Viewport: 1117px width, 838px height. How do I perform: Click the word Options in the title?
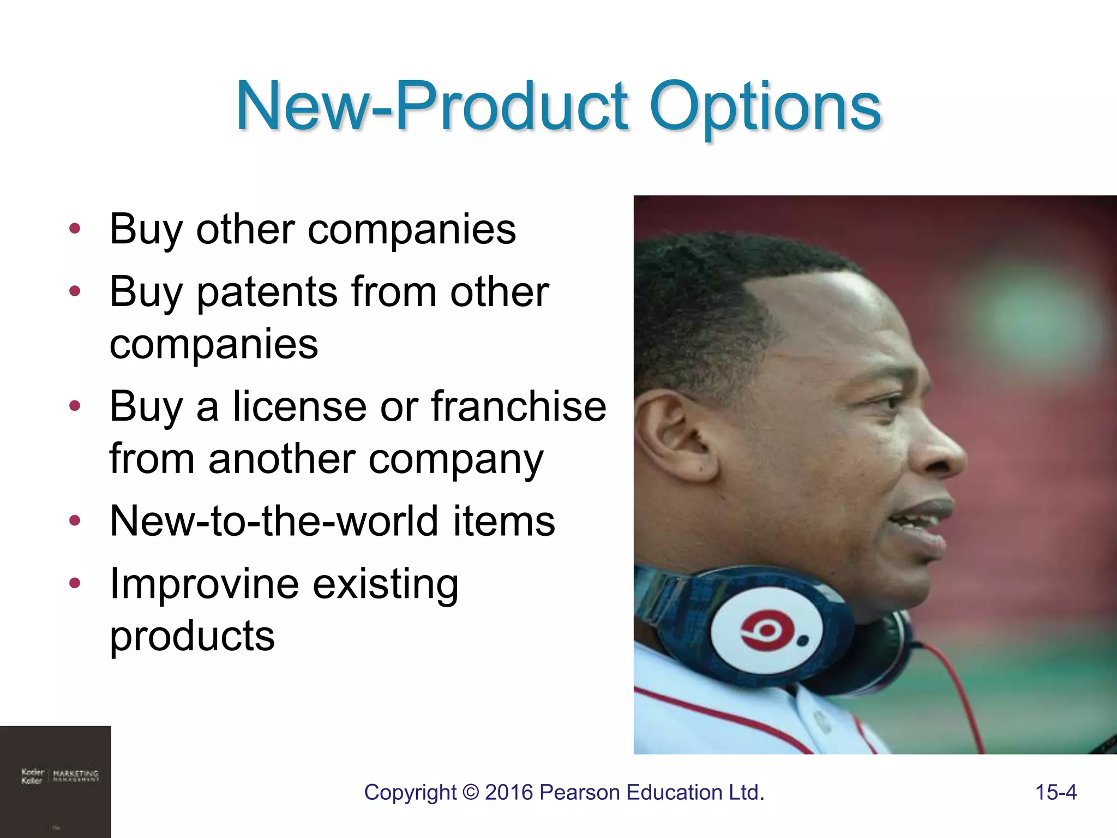click(765, 106)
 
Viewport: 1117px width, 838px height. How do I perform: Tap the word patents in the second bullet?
click(267, 293)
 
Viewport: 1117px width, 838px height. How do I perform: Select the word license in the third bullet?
click(300, 407)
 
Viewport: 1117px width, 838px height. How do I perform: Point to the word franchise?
click(518, 407)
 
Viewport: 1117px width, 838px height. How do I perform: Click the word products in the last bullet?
click(192, 636)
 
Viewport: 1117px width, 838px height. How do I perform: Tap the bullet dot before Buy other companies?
click(75, 229)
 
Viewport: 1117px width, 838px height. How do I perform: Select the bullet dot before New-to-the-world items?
click(75, 520)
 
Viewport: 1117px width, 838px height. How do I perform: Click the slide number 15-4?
click(1055, 792)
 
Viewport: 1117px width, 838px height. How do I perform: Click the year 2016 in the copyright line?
click(508, 792)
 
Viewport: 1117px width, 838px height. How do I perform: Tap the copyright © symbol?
click(470, 793)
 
